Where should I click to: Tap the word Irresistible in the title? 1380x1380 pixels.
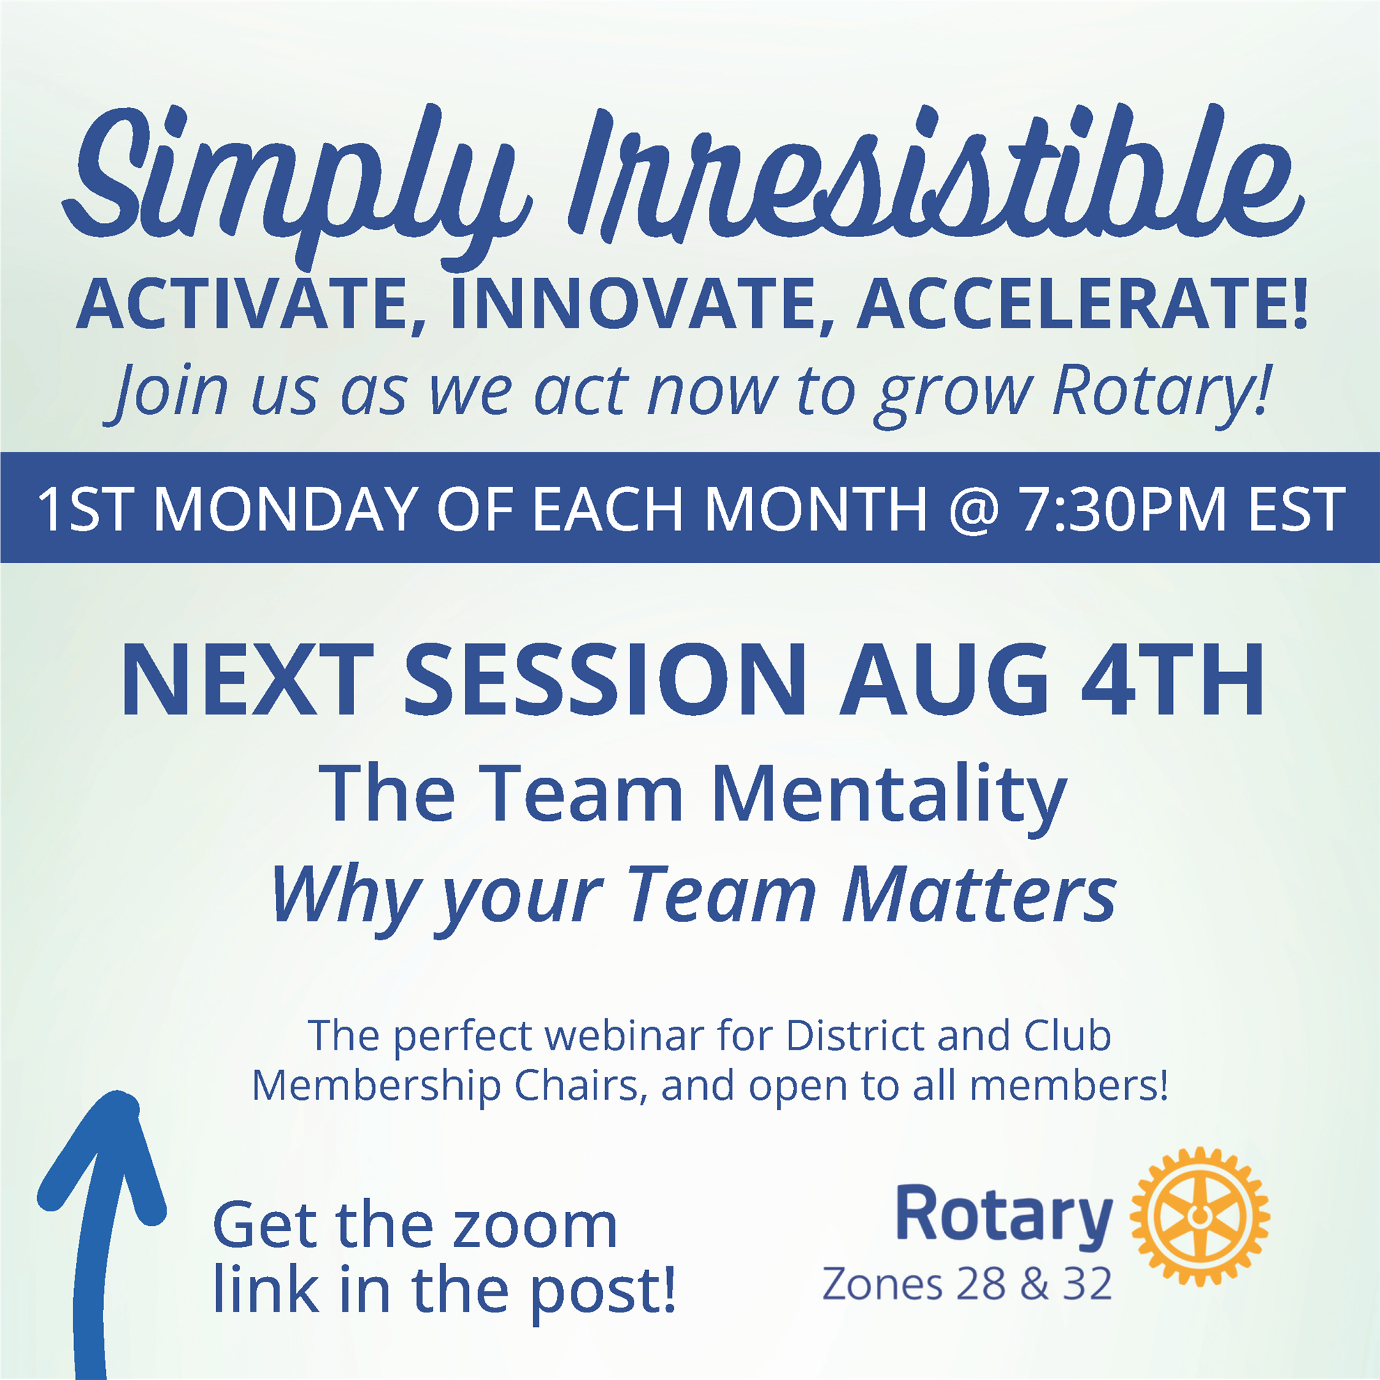pyautogui.click(x=936, y=175)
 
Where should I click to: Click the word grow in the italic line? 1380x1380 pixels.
pyautogui.click(x=956, y=394)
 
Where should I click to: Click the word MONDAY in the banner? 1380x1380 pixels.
pyautogui.click(x=285, y=509)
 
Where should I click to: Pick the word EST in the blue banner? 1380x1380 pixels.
pyautogui.click(x=1296, y=509)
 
